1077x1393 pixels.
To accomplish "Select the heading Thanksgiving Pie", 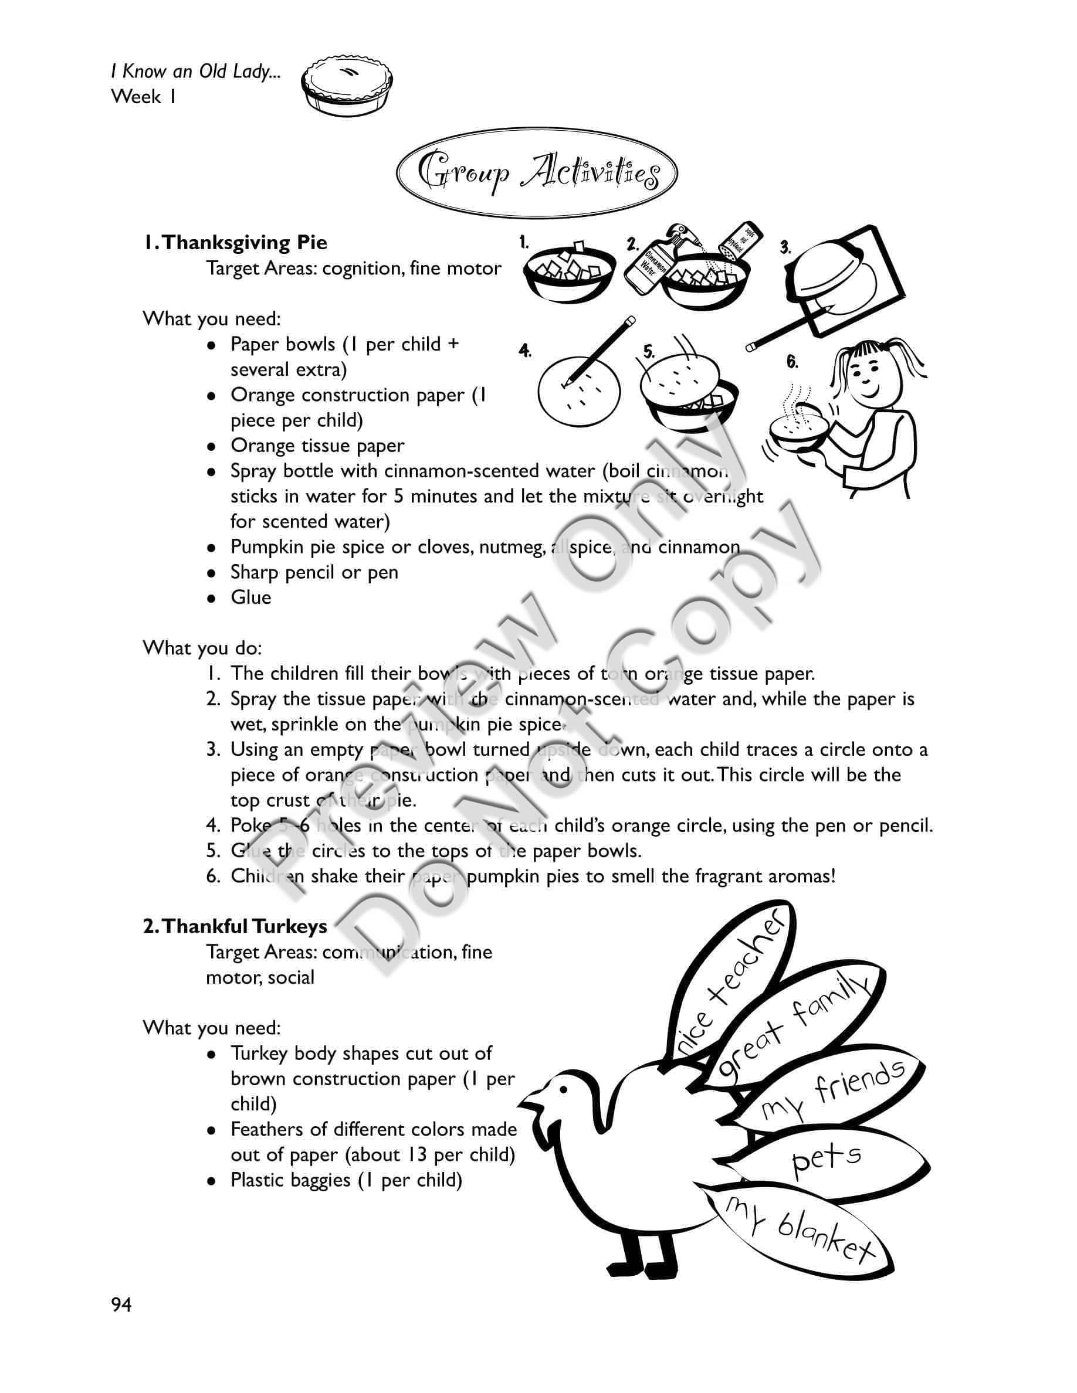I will click(x=235, y=242).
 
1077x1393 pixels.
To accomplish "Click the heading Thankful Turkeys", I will click(x=235, y=926).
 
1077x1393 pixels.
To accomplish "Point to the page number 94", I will click(x=121, y=1305).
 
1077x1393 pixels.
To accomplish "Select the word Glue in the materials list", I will click(x=250, y=597).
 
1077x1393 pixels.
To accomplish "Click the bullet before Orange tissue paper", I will click(x=212, y=447).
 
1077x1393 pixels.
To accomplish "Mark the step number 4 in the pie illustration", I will click(x=525, y=351).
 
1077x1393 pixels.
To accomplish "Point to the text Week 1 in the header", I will click(x=144, y=97).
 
